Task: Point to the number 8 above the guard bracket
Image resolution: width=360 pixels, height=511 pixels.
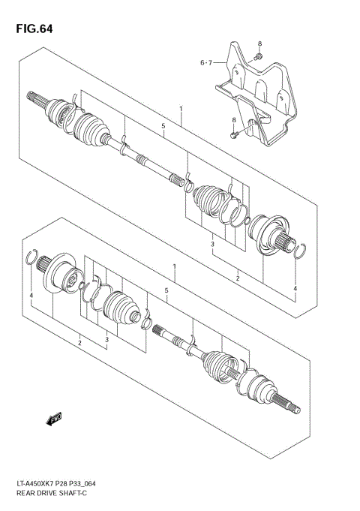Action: (x=259, y=44)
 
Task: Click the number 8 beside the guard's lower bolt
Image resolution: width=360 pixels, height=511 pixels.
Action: (x=233, y=120)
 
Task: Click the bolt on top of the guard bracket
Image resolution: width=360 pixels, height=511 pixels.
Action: (x=258, y=56)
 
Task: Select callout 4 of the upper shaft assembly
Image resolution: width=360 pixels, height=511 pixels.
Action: (x=295, y=288)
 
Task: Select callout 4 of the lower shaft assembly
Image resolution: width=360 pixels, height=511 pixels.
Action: (x=31, y=297)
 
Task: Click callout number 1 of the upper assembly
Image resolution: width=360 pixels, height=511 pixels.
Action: (x=181, y=110)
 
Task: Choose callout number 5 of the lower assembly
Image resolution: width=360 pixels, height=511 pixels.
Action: (x=166, y=290)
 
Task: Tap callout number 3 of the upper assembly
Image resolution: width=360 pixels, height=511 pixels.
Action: (x=213, y=244)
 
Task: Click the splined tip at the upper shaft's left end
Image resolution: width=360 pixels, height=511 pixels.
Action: (x=34, y=97)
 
